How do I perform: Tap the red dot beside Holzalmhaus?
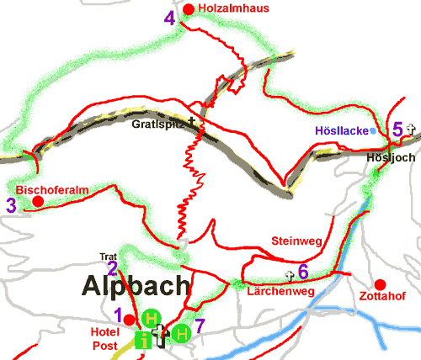click(x=189, y=9)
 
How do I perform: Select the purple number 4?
click(x=172, y=18)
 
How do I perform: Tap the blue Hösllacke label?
click(x=340, y=130)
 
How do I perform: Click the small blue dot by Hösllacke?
click(x=372, y=130)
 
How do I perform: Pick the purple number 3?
click(x=10, y=204)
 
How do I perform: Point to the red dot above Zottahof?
click(x=380, y=283)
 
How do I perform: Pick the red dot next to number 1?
click(x=128, y=320)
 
